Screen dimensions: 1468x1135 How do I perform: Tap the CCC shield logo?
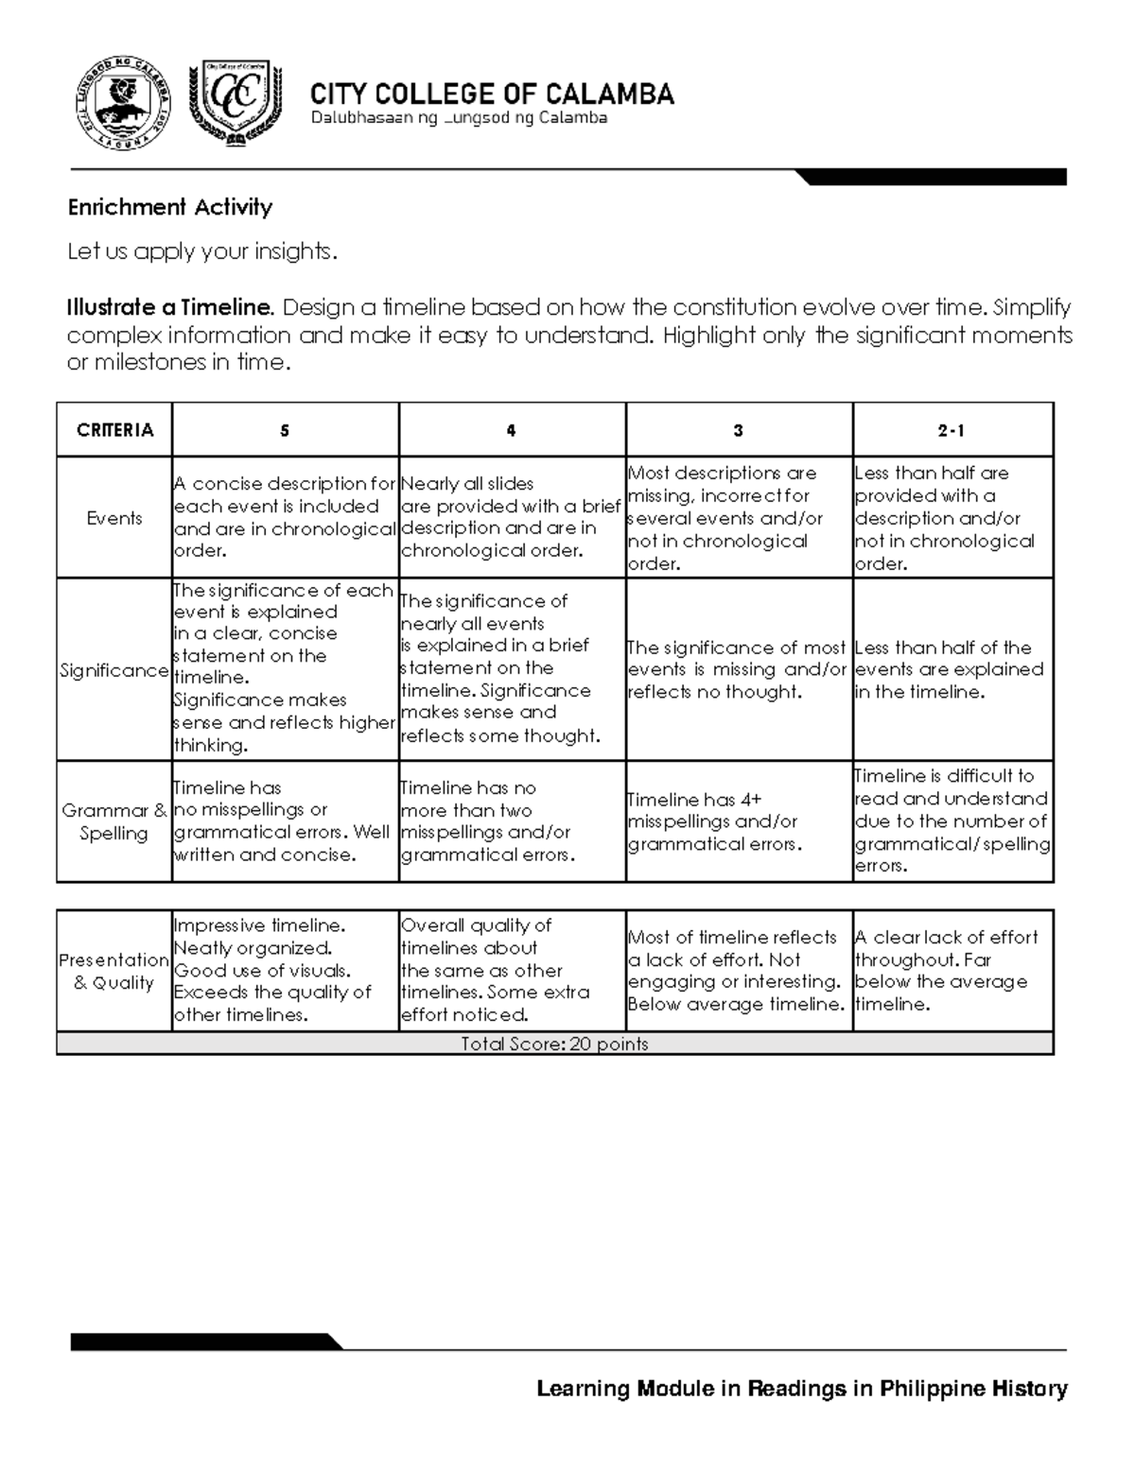[x=236, y=104]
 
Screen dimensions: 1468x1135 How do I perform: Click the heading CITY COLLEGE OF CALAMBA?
[x=492, y=94]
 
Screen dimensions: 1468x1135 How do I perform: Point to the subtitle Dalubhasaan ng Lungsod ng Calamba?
[x=459, y=118]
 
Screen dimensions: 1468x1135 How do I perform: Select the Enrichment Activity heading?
[x=169, y=207]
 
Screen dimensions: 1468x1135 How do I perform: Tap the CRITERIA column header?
[x=114, y=430]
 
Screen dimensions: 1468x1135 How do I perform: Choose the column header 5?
[x=285, y=430]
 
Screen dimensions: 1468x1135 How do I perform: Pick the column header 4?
[x=512, y=430]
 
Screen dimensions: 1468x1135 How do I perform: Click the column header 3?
[x=739, y=430]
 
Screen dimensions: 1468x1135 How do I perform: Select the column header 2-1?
[x=952, y=430]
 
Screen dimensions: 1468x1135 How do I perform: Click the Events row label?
[x=114, y=518]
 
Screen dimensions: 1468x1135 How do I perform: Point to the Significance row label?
[x=114, y=670]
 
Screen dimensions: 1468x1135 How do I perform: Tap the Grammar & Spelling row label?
[x=114, y=821]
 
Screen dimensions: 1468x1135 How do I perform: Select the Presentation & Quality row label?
[x=114, y=971]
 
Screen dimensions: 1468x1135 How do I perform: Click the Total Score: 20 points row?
[x=554, y=1044]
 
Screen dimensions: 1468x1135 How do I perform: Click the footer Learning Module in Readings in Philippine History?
[x=802, y=1389]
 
